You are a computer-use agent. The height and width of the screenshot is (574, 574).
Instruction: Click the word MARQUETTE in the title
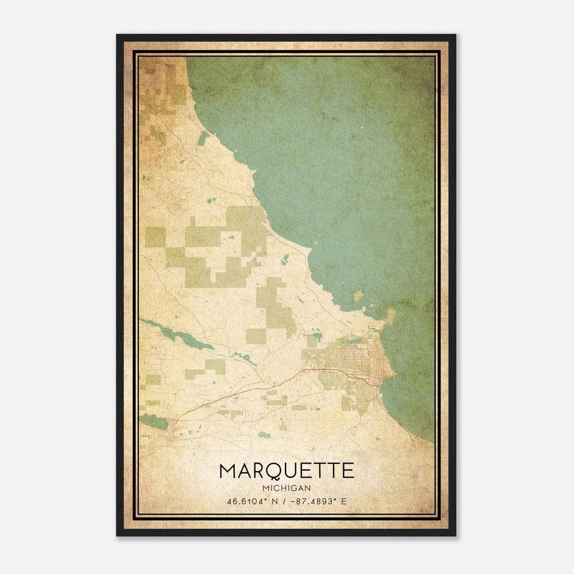tap(287, 471)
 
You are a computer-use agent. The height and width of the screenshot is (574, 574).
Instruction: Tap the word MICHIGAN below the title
tap(287, 488)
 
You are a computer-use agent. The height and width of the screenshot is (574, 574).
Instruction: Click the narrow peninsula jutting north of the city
tap(390, 316)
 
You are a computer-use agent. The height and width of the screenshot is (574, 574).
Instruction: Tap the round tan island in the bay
tap(358, 296)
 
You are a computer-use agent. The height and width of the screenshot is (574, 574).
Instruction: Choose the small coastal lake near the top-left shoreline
tap(203, 138)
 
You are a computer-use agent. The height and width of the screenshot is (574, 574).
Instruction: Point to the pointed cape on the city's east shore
tap(394, 374)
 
